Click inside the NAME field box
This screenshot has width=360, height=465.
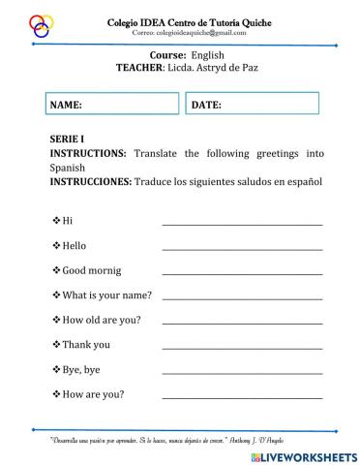[x=112, y=104]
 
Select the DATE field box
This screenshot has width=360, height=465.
[x=252, y=104]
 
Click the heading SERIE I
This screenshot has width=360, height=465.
[x=70, y=139]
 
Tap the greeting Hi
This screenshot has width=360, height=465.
[x=67, y=221]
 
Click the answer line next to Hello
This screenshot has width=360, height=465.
[x=242, y=249]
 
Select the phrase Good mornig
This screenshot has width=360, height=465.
[x=92, y=270]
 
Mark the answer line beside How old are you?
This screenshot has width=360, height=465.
[x=242, y=324]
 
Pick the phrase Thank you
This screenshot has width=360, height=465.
[x=86, y=344]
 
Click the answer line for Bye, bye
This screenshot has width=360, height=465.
[x=242, y=373]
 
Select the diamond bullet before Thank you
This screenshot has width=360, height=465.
[x=55, y=344]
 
